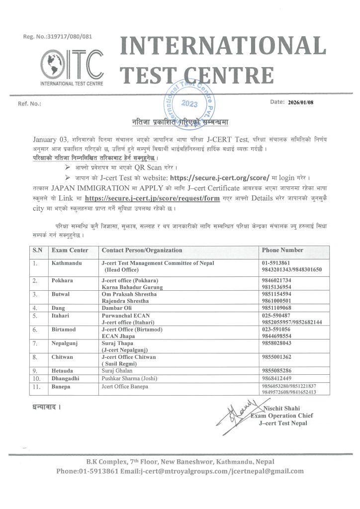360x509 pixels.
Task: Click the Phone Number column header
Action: [x=282, y=250]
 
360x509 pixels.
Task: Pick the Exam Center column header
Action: [x=70, y=250]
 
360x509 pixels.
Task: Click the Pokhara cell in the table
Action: [x=63, y=281]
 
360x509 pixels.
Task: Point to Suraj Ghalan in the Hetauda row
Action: [x=118, y=370]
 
